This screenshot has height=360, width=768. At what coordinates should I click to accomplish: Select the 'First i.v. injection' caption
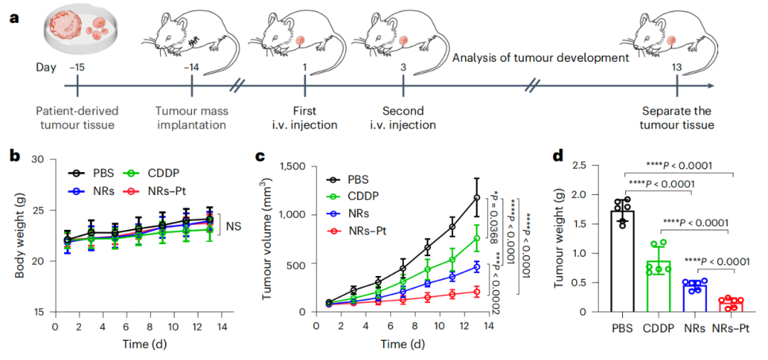(304, 118)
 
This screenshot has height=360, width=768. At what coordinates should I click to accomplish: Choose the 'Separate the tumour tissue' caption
(677, 118)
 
